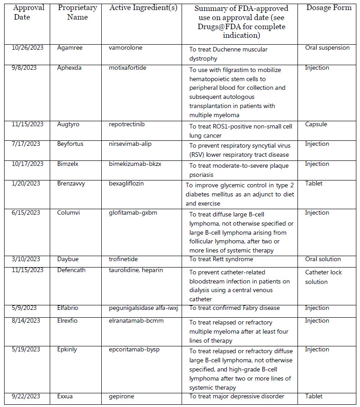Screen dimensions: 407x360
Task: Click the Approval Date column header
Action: click(x=28, y=12)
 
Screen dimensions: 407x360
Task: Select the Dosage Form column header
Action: click(x=329, y=7)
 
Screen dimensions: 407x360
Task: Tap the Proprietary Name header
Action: click(x=77, y=12)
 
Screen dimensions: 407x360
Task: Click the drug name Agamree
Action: click(x=70, y=48)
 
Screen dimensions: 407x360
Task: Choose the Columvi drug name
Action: click(x=69, y=213)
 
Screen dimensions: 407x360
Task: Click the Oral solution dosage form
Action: click(x=323, y=259)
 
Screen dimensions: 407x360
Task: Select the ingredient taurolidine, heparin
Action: click(x=136, y=270)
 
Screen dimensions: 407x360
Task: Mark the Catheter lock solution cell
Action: click(x=323, y=277)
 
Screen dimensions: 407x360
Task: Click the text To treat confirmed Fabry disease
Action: click(x=235, y=309)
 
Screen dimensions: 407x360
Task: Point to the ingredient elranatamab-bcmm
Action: click(x=136, y=321)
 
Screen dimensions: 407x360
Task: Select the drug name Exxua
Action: click(x=66, y=397)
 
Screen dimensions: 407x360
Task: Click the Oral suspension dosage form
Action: click(x=327, y=48)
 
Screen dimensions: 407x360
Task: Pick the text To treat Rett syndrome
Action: click(x=221, y=259)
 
